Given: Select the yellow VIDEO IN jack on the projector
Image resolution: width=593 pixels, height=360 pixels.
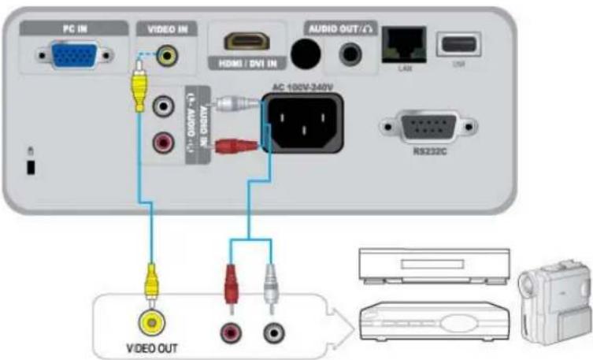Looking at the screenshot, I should coord(166,55).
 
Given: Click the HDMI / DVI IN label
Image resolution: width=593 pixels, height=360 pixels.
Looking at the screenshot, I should coord(245,63).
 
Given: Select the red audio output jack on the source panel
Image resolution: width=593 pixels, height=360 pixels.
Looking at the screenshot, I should coord(232,329).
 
